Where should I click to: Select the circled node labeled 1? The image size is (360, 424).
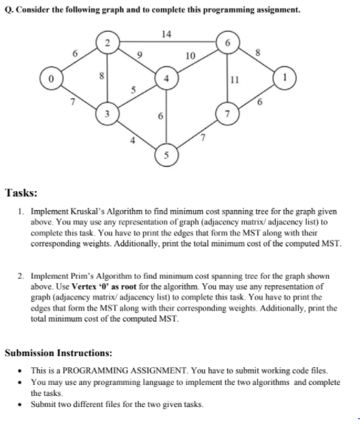pyautogui.click(x=284, y=77)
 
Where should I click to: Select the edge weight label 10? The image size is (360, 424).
pyautogui.click(x=190, y=55)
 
